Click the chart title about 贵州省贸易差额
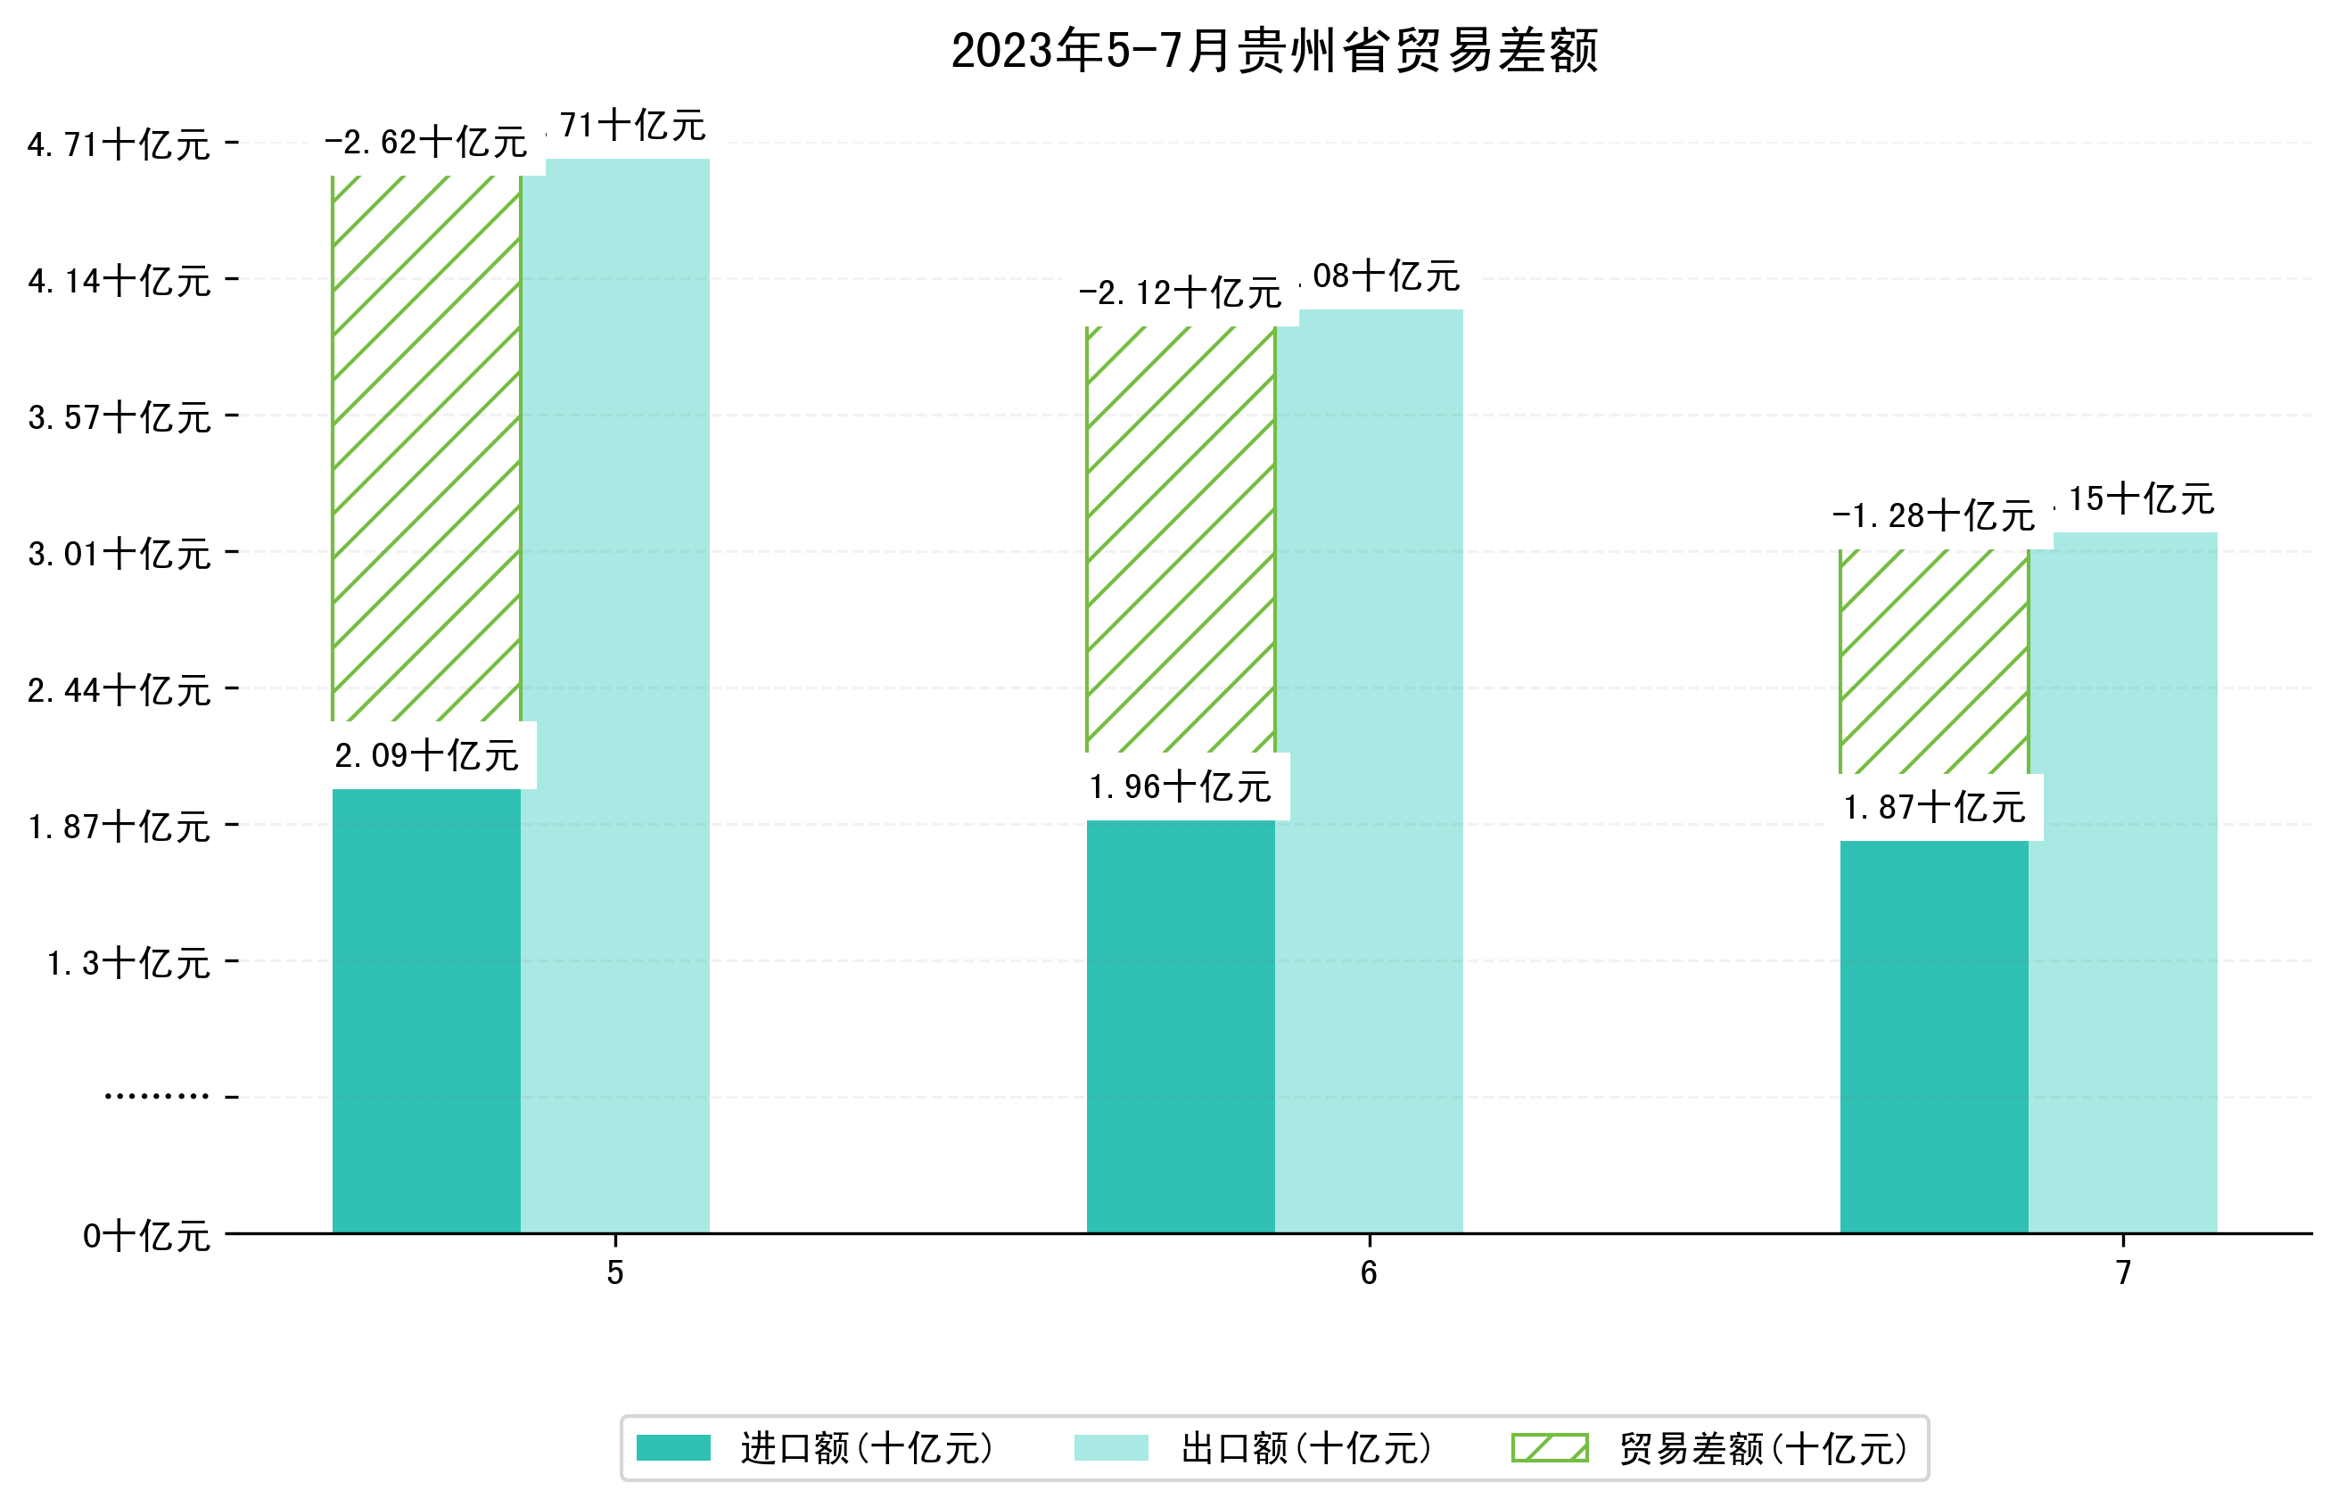point(1273,51)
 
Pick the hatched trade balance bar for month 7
point(1933,662)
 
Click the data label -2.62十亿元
point(426,143)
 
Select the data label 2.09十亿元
point(426,755)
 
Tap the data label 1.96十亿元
point(1180,786)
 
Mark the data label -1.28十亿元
point(1933,515)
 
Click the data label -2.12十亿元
point(1180,292)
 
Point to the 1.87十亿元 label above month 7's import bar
point(1934,807)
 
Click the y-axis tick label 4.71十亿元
point(119,144)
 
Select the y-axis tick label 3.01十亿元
point(119,554)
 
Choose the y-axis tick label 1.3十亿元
point(128,963)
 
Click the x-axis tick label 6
point(1369,1272)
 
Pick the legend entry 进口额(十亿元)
point(867,1448)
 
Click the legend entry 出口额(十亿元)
point(1306,1448)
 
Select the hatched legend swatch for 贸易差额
point(1550,1447)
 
